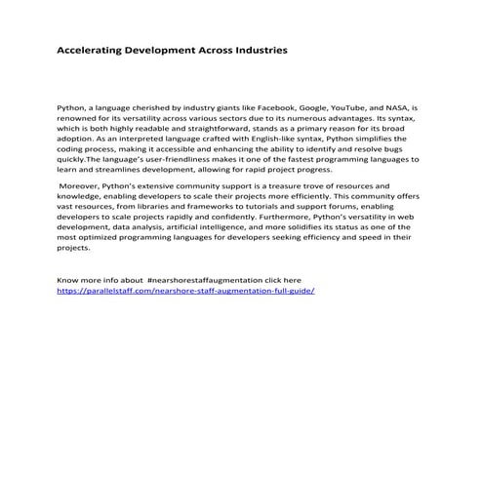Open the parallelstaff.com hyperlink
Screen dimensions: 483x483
tap(186, 290)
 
